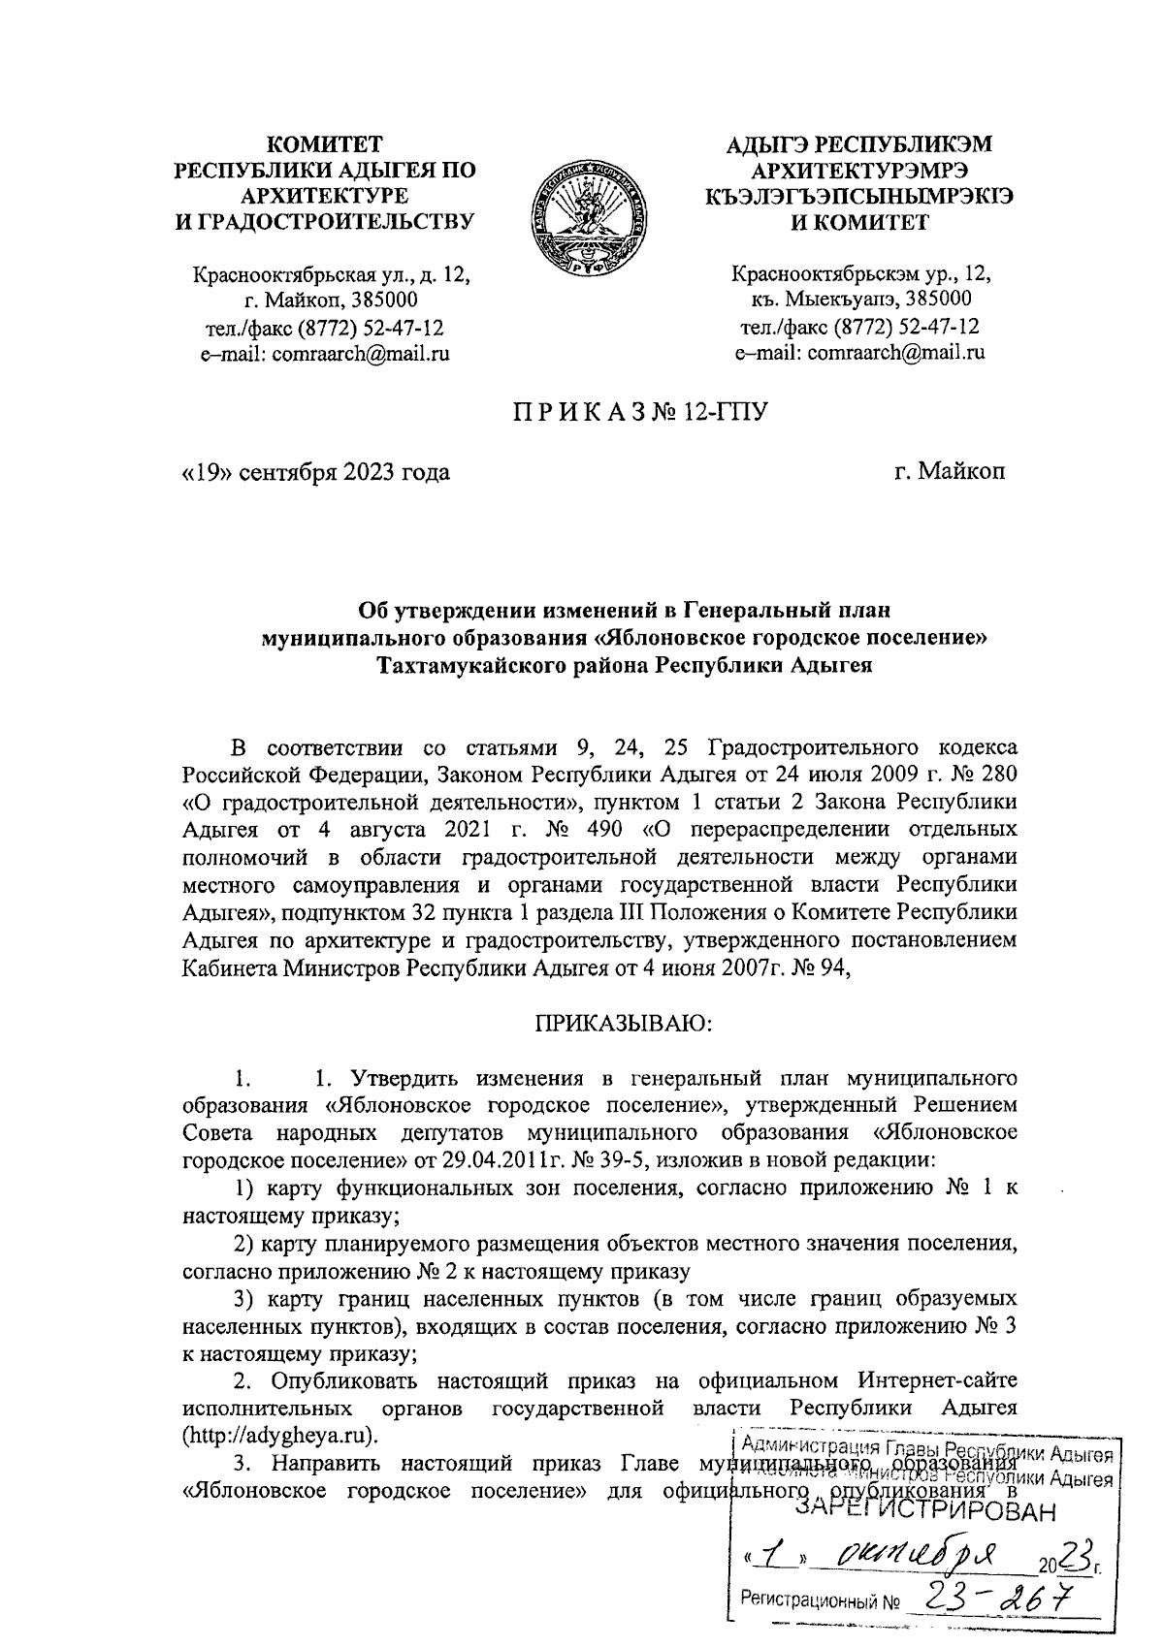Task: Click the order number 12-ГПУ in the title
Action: pyautogui.click(x=727, y=414)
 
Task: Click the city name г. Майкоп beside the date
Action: pyautogui.click(x=950, y=473)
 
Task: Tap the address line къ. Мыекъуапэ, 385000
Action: pyautogui.click(x=859, y=300)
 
